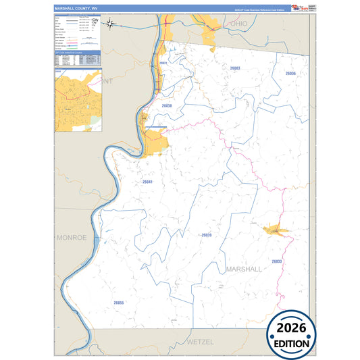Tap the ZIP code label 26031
162,63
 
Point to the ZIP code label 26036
290,73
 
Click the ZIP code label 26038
167,106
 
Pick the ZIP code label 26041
148,182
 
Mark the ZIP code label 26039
207,235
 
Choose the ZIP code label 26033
276,261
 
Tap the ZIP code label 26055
119,303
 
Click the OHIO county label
239,24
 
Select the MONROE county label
72,238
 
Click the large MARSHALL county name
244,269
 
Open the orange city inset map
77,101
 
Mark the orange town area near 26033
275,230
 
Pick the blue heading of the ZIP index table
77,52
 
